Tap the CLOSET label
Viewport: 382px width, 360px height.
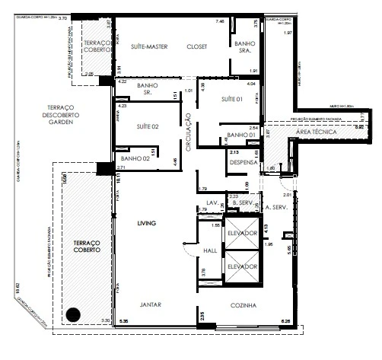click(197, 46)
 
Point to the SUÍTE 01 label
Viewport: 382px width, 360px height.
click(233, 100)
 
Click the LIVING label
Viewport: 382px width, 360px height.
click(148, 224)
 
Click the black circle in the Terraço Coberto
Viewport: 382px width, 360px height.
click(73, 314)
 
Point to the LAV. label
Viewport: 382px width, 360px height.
click(212, 202)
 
